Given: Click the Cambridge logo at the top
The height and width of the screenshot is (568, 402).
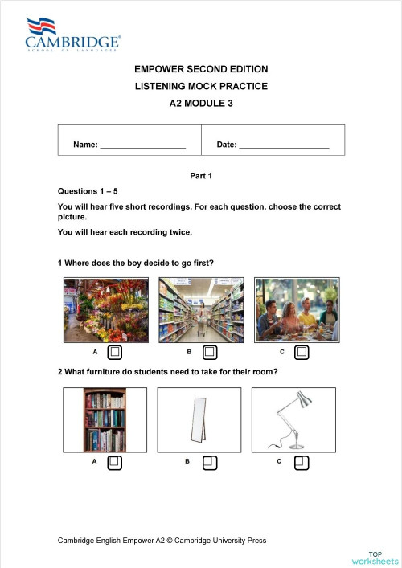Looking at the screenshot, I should click(73, 35).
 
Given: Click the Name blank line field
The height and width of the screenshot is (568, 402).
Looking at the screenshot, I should click(142, 145).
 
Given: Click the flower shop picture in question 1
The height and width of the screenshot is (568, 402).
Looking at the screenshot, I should click(105, 310).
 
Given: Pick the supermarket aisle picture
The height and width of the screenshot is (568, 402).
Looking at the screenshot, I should click(201, 310).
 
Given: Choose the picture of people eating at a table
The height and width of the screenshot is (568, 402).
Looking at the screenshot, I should click(296, 310).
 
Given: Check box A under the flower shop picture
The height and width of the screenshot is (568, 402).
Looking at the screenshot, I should click(115, 352).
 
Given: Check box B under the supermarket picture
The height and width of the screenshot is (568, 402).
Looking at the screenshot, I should click(210, 352).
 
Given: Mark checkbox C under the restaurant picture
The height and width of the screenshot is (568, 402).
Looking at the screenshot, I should click(301, 352).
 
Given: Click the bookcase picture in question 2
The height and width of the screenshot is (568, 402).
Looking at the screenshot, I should click(105, 419).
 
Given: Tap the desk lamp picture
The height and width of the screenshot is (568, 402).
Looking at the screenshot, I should click(294, 419).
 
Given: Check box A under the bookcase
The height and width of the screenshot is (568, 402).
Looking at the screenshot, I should click(115, 462).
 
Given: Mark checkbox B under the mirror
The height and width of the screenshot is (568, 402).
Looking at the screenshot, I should click(210, 462).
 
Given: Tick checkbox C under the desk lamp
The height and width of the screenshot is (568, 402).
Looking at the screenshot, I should click(301, 462).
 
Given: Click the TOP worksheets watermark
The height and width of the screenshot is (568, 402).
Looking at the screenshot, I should click(375, 558).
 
